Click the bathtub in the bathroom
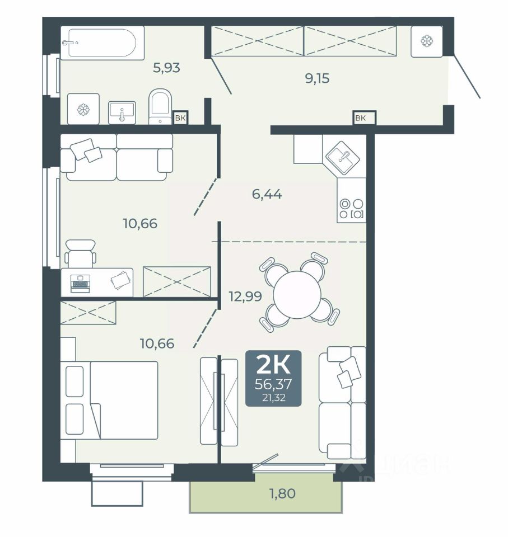102,43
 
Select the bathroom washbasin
122,112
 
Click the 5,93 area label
166,68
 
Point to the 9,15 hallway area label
317,78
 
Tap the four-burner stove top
351,209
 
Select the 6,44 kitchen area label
267,195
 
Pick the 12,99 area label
245,296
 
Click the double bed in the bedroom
109,400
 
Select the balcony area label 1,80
282,493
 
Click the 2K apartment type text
273,365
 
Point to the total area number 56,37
273,384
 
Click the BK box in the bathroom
180,119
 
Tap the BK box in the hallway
364,119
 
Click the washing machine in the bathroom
83,109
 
